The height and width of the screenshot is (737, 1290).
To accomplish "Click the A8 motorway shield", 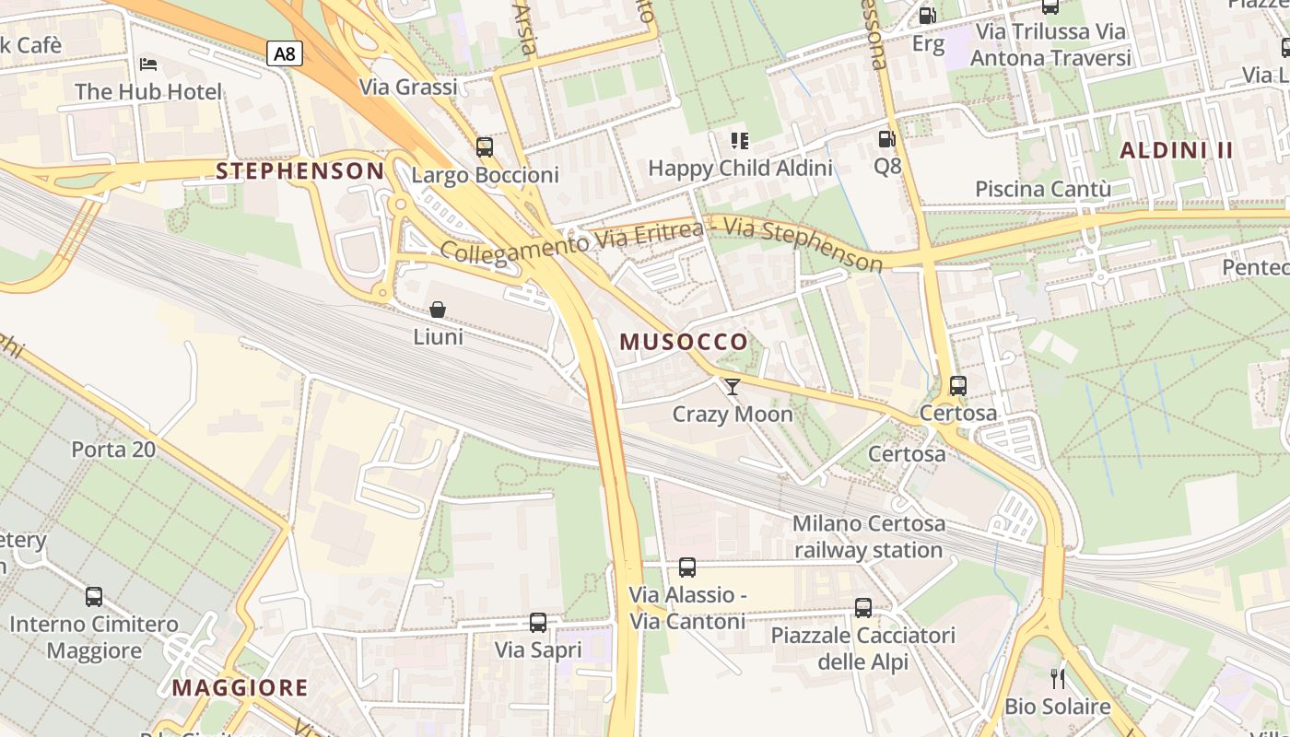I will [285, 53].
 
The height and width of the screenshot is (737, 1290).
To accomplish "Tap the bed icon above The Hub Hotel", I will [148, 64].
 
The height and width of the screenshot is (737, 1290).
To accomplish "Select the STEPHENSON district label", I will [299, 170].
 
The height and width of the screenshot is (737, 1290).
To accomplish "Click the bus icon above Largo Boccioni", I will [485, 146].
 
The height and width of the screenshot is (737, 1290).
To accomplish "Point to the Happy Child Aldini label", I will [740, 168].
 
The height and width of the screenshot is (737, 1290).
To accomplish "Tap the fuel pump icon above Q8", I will [886, 139].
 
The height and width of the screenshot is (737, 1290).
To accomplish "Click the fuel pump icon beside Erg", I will [928, 16].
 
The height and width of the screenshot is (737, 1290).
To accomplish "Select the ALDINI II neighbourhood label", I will [1176, 150].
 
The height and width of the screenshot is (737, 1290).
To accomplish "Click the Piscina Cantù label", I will [1043, 189].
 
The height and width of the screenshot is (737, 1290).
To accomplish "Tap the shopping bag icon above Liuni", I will [438, 310].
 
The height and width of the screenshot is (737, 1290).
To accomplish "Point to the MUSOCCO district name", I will [684, 342].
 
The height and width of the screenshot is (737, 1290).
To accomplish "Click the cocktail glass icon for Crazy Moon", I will [733, 387].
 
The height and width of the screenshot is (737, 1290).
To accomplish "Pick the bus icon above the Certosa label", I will [958, 386].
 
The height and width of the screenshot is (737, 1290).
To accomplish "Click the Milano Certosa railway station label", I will [868, 536].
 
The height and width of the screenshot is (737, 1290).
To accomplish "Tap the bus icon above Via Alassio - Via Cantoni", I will [687, 567].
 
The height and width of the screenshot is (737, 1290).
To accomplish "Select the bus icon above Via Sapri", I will [538, 623].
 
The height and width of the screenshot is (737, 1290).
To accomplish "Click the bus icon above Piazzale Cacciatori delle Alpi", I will [863, 608].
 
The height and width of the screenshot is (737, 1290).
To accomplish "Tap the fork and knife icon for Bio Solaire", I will [1058, 679].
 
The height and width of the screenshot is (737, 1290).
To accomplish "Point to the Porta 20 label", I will [113, 450].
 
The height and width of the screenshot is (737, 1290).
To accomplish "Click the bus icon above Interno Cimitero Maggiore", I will [94, 597].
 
